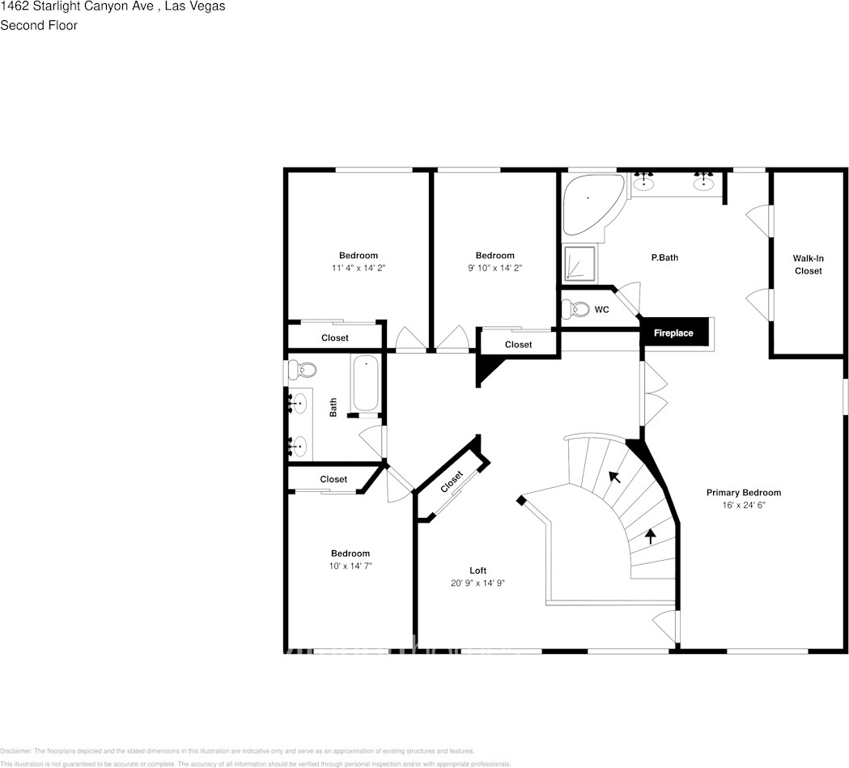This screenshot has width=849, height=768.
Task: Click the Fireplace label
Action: coord(673,333)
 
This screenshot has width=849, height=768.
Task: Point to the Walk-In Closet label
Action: coord(808,265)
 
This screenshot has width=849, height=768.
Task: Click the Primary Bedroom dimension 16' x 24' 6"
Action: coord(743,504)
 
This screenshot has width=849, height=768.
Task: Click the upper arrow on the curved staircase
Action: coord(615,477)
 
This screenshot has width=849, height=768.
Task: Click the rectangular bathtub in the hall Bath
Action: coord(366,384)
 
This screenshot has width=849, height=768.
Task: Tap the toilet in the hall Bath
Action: coord(305,371)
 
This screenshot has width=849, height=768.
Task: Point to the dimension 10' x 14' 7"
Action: coord(350,566)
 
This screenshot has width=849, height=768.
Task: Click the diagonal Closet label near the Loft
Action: coord(452,482)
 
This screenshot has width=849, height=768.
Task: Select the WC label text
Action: coord(601,310)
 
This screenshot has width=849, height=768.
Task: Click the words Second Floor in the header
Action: coord(39,25)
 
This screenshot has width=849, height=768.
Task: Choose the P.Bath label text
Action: coord(664,258)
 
